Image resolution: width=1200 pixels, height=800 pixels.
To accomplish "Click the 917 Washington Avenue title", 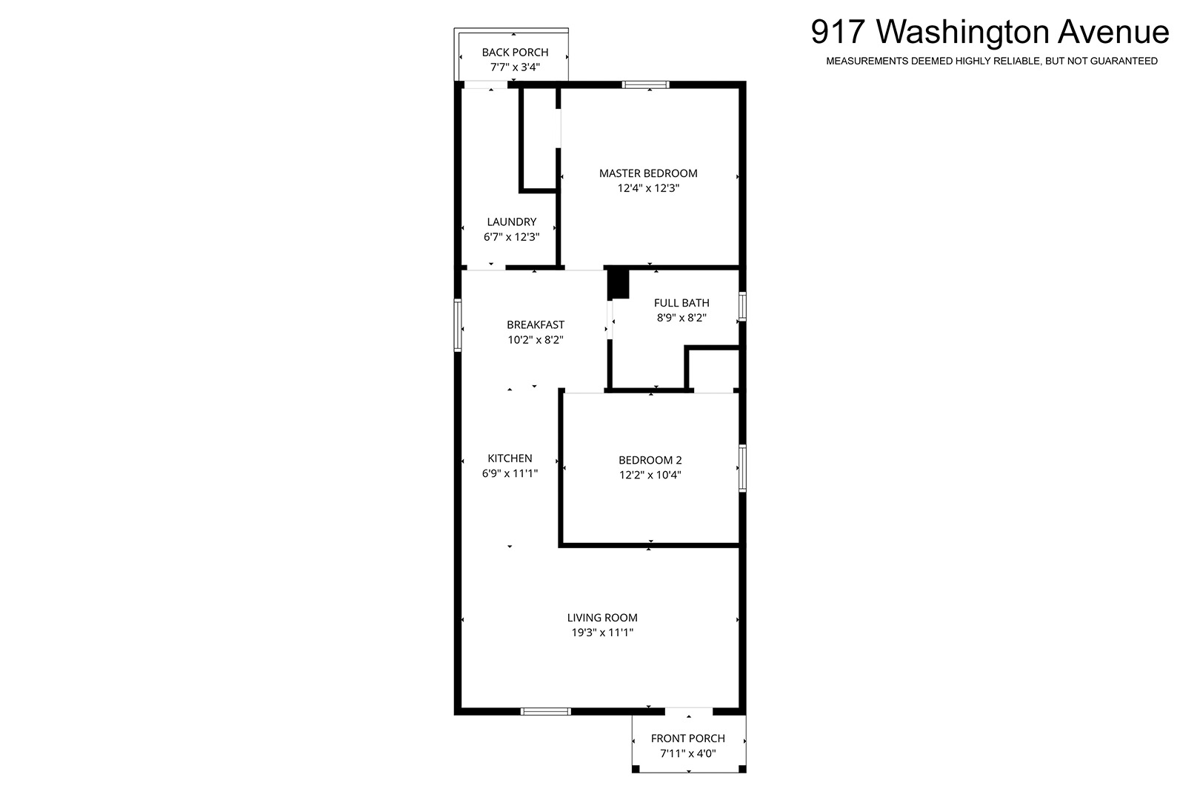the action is pos(990,32).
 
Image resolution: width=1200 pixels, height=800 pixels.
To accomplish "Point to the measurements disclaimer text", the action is pos(992,61).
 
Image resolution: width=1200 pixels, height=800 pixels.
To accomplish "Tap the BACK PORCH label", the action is pos(515,53).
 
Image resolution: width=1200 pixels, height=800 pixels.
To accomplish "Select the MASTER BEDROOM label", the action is pos(648,173).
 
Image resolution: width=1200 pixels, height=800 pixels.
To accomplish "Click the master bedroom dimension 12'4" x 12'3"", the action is pos(648,188).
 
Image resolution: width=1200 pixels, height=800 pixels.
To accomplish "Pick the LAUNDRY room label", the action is pos(512,221).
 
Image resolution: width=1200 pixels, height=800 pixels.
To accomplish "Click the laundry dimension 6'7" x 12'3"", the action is pos(512,237).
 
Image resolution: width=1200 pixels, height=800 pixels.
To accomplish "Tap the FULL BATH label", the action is pos(681,303).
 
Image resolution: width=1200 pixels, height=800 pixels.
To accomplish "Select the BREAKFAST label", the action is pos(536,324).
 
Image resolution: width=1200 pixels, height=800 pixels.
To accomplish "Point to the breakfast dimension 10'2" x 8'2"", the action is pos(536,340).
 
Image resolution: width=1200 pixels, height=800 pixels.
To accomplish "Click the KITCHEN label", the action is pos(510,458).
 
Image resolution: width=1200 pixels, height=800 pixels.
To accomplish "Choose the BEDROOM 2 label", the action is pos(650,460).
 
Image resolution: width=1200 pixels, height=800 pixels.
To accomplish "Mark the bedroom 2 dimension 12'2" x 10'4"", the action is pos(650,475).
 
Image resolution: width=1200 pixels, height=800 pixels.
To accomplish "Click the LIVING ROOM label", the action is pos(602,617).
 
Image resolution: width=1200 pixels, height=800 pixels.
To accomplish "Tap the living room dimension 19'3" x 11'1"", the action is pos(602,633).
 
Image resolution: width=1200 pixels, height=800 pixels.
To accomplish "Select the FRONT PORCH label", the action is pos(688,739).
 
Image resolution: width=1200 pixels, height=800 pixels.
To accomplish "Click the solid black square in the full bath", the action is pos(619,284).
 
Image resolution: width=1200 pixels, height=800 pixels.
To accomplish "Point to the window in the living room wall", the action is pos(546,712).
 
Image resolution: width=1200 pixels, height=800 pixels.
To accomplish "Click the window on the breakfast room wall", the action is pos(458,324).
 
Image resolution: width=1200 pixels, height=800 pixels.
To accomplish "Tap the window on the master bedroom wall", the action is pos(645,84).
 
